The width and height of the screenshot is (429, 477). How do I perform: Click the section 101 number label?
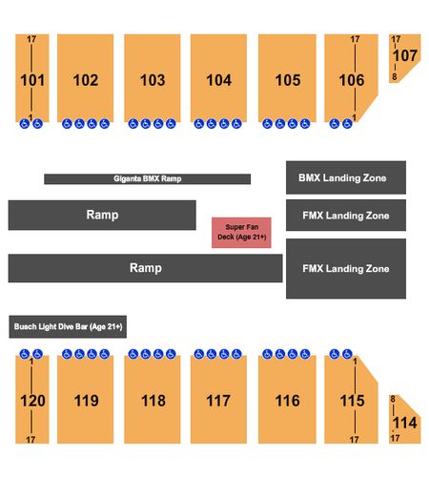coord(32,80)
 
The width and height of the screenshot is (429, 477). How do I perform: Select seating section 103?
coord(153,78)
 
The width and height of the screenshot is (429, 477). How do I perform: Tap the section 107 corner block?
coord(404,58)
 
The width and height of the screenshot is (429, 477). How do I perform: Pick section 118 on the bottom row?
coord(153,400)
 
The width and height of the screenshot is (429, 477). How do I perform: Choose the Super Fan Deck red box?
coord(241,233)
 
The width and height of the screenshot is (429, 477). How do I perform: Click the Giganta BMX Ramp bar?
coord(147,178)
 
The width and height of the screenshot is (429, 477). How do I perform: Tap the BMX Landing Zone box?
coord(346,177)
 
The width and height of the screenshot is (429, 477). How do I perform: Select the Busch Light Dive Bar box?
coord(68,326)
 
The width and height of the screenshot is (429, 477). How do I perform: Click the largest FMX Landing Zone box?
coord(346,268)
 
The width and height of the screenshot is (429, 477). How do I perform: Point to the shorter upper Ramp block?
coord(102,215)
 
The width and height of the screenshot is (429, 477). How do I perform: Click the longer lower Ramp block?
coord(145,268)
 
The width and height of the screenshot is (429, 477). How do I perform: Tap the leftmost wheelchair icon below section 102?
coord(67,124)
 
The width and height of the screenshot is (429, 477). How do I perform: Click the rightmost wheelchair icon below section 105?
coord(305,124)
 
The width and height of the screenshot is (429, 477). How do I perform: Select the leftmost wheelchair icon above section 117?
coord(199,354)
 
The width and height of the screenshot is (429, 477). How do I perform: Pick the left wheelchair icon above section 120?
coord(25,354)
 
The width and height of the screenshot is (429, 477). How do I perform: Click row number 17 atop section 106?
coord(355,39)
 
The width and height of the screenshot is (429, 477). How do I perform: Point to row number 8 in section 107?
coord(395,76)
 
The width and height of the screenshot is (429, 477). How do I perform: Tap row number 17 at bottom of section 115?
coord(355,440)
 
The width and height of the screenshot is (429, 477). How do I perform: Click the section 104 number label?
coord(218,80)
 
